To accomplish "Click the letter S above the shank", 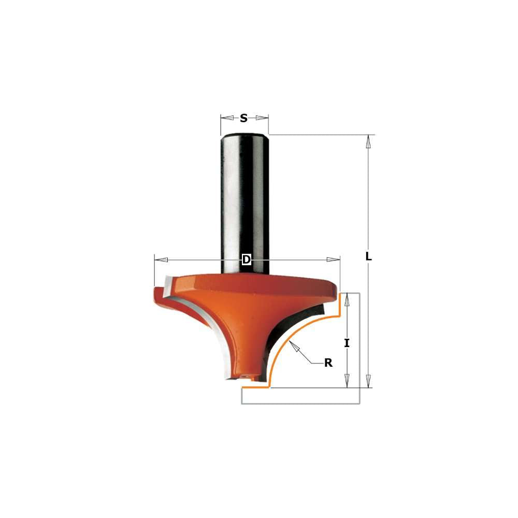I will point(244,118).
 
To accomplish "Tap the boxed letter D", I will point(247,259).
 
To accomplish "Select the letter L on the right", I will point(368,256).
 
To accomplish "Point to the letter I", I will point(347,343).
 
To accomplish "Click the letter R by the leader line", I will point(328,363).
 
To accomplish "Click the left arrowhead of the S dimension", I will point(224,118).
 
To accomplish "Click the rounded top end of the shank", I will point(245,136).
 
